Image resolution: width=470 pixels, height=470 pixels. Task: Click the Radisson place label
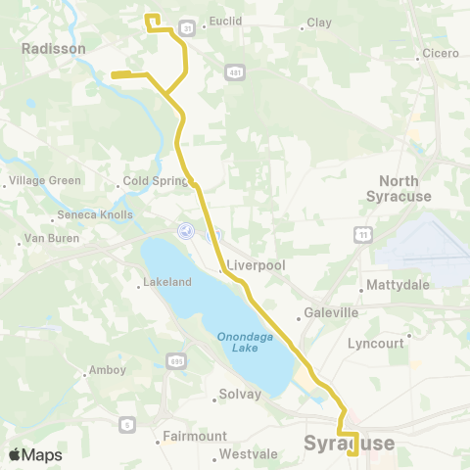coord(54,48)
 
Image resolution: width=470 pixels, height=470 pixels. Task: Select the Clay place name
coord(319,23)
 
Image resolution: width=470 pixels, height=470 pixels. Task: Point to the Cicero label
coord(440,53)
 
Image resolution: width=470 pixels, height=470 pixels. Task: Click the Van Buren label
coord(49,239)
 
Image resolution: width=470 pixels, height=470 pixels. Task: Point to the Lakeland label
coord(167,282)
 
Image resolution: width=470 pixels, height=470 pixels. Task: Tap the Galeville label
coord(332,313)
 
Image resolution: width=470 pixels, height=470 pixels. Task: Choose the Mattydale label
coord(393,286)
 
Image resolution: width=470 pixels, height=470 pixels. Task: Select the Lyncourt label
coord(375,344)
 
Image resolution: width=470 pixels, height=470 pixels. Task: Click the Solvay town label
coord(241,395)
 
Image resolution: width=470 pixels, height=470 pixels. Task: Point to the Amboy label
coord(108,370)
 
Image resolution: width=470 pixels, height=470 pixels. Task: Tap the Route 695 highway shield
coord(176,361)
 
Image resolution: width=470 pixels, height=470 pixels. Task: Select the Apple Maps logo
coord(35,454)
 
